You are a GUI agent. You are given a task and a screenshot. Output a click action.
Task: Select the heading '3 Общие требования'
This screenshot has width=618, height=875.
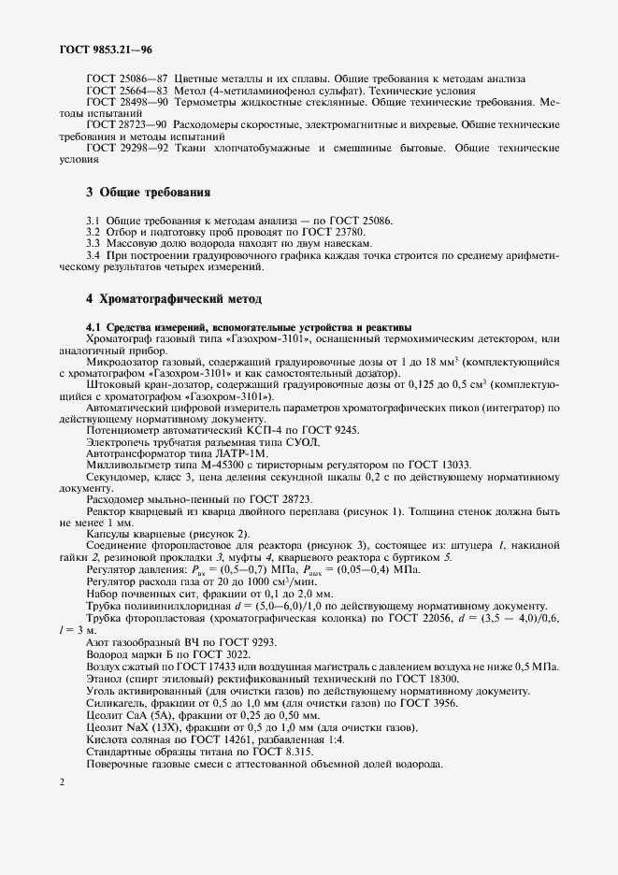pos(148,193)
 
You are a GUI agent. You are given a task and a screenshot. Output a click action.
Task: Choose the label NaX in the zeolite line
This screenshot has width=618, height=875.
pos(137,726)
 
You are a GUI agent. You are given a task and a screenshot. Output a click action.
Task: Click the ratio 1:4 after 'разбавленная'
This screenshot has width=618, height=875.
pos(362,739)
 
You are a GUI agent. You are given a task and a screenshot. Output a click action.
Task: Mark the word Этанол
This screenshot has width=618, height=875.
pos(105,678)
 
